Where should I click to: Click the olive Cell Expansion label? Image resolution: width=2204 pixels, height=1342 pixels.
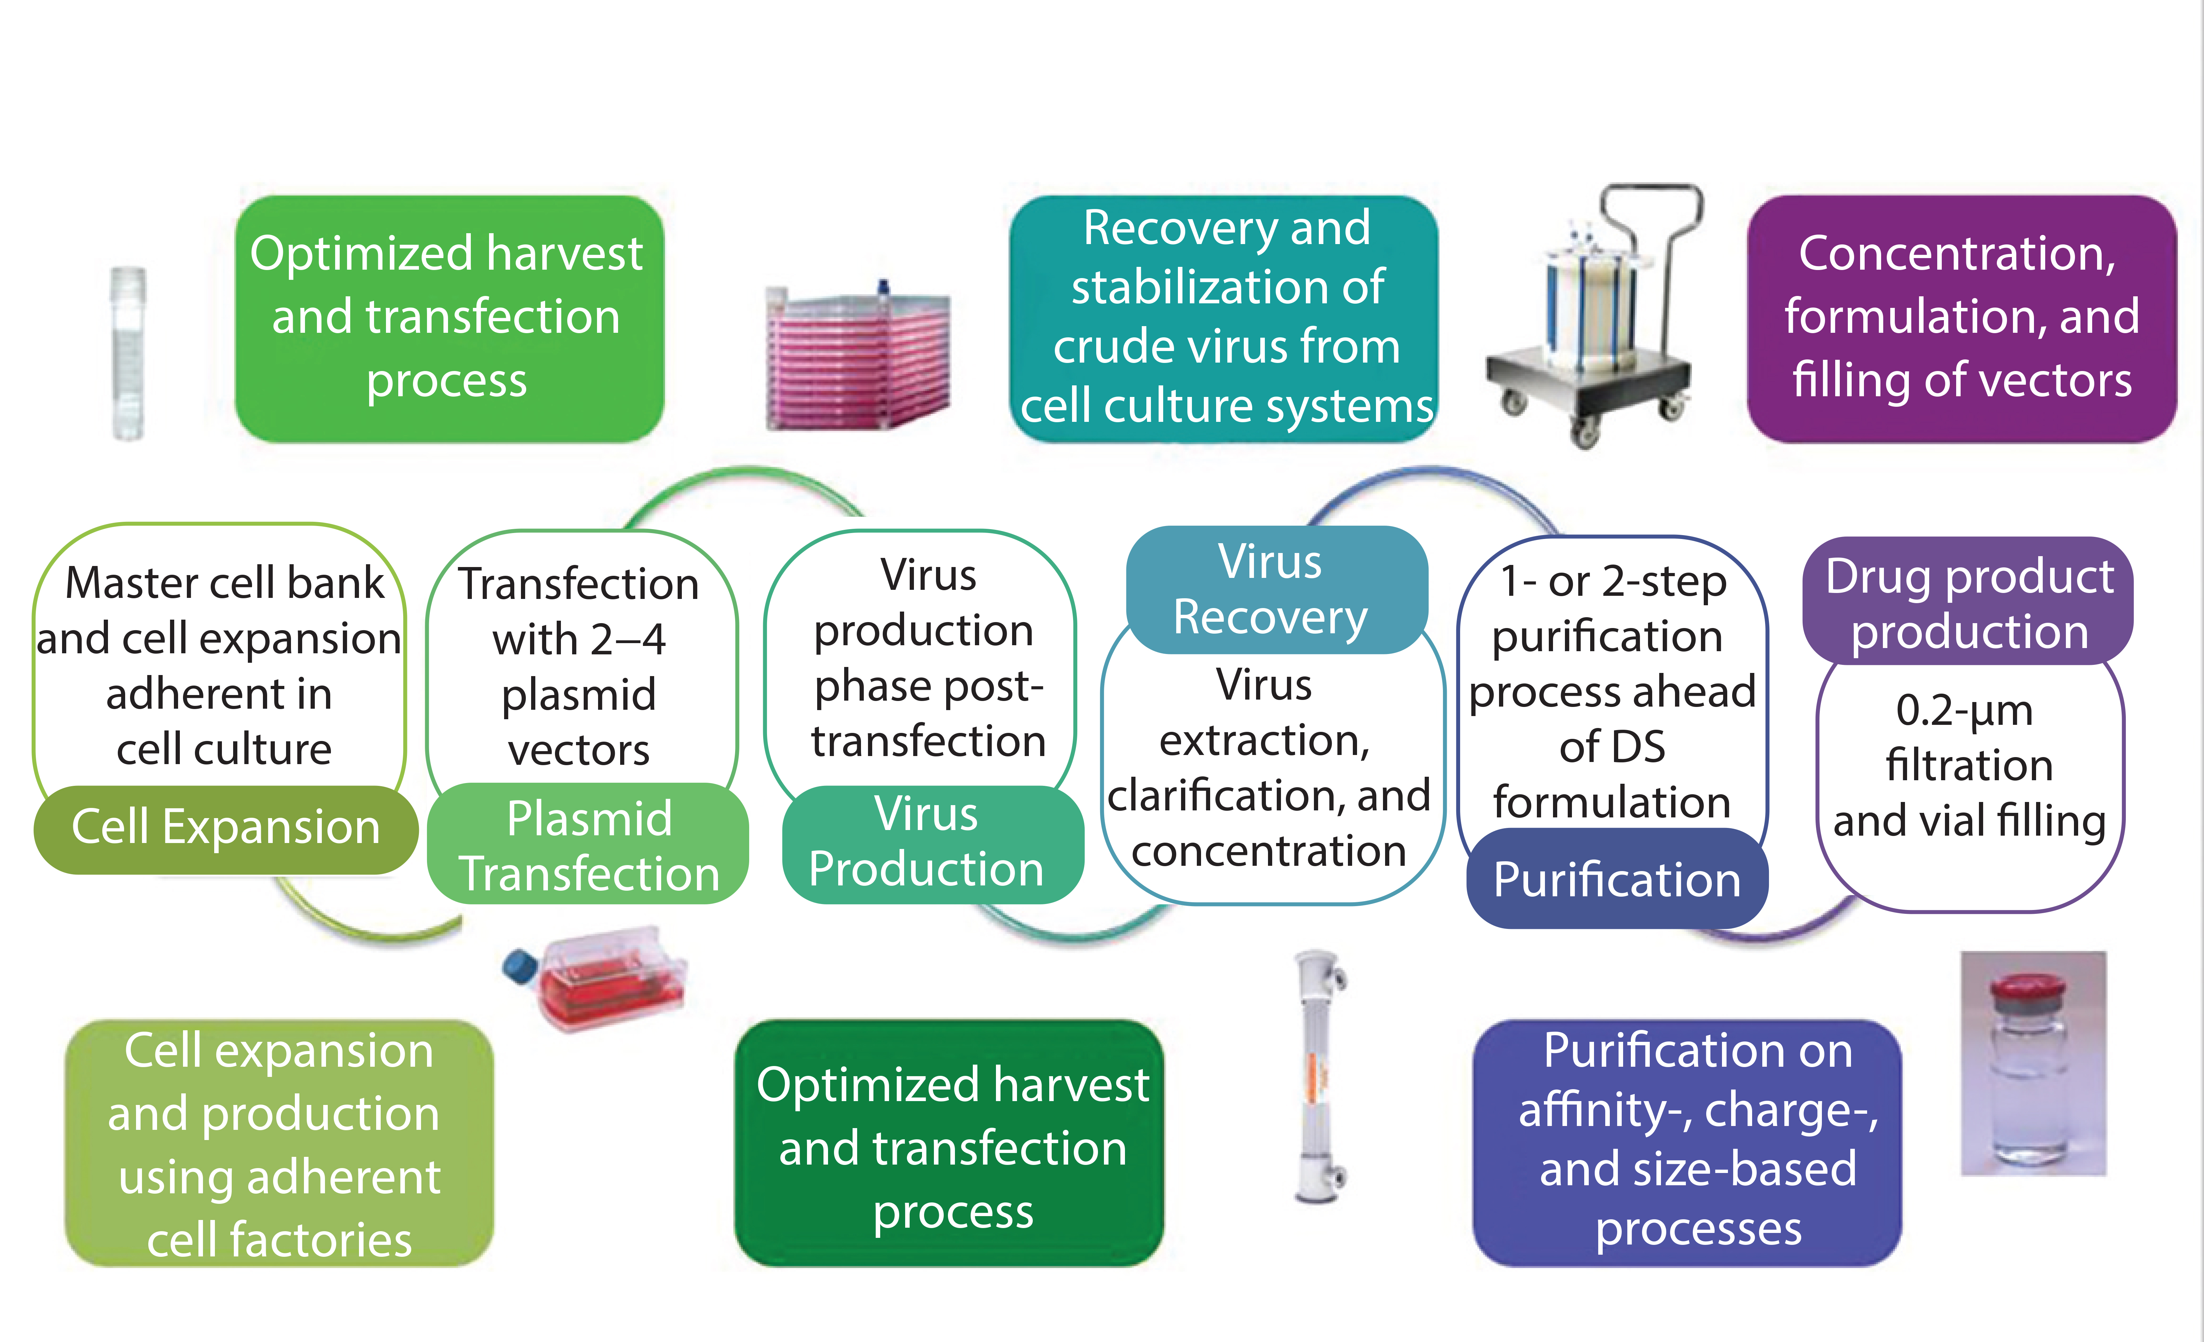225,828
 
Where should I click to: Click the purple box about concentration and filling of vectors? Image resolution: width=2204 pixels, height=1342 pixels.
1961,318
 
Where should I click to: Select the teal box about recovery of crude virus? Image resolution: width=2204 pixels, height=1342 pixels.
1226,318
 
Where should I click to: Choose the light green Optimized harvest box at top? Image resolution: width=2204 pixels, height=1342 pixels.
447,318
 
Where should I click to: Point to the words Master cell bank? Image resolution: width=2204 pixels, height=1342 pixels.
224,583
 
